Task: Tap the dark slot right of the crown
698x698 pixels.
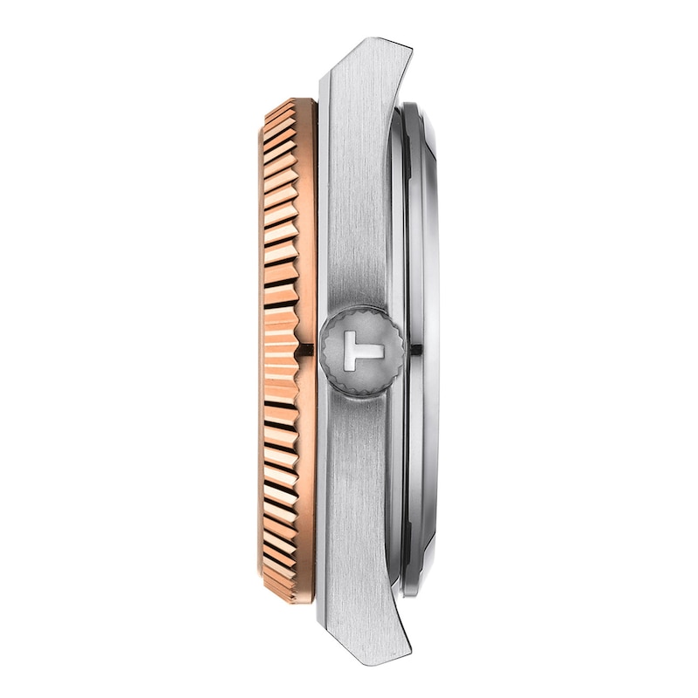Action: [415, 349]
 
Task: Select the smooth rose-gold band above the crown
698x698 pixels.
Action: [305, 218]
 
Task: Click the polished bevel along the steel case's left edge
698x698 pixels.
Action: [323, 218]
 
